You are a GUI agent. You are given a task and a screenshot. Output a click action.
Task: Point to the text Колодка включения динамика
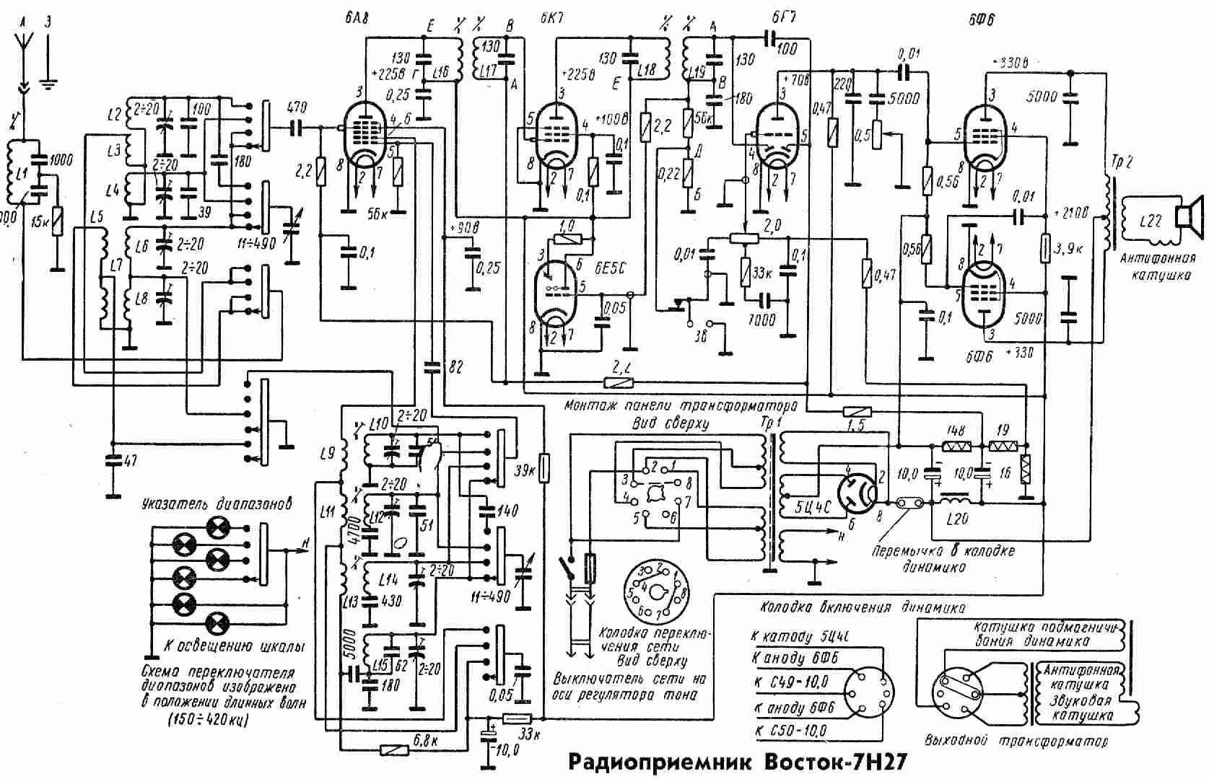tap(862, 607)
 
